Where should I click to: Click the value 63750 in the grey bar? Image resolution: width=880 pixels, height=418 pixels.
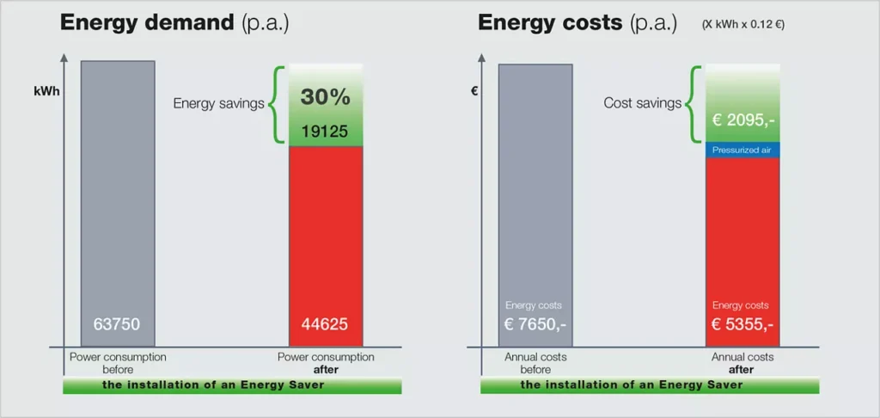click(x=117, y=325)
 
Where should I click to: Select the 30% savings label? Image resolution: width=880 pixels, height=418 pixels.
click(x=325, y=97)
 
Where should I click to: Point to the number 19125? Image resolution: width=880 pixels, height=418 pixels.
click(x=325, y=132)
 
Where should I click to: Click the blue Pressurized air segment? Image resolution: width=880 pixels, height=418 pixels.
click(x=742, y=150)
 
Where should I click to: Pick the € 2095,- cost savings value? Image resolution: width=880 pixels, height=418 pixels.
click(x=742, y=121)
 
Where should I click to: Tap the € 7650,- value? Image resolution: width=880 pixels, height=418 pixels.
click(x=535, y=325)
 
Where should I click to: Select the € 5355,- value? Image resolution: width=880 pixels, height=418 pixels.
click(x=742, y=325)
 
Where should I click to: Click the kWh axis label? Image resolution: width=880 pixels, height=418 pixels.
click(x=47, y=90)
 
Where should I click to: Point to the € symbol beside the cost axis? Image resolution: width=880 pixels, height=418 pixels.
click(x=474, y=89)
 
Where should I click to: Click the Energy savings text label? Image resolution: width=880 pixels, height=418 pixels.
click(x=218, y=103)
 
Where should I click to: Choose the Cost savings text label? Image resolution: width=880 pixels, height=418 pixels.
click(x=642, y=103)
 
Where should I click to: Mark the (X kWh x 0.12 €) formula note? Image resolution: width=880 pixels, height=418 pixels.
click(x=743, y=25)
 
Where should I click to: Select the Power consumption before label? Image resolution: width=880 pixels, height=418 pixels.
click(x=118, y=362)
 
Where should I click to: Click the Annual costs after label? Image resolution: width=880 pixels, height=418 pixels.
click(x=742, y=362)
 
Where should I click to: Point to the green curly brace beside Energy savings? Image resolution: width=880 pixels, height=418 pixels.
click(x=276, y=104)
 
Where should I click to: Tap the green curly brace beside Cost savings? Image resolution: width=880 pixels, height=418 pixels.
click(x=693, y=104)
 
